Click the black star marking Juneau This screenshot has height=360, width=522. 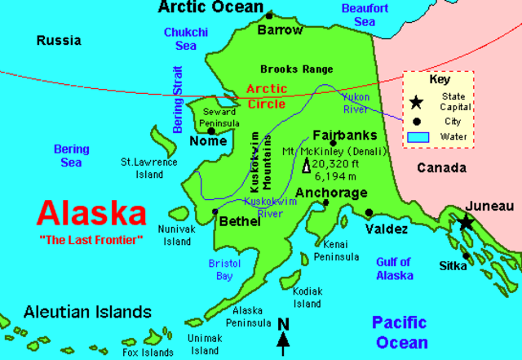pyautogui.click(x=465, y=222)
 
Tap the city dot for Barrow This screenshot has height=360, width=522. pyautogui.click(x=269, y=16)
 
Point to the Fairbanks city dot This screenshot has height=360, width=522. pyautogui.click(x=333, y=144)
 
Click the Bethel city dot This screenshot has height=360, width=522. pyautogui.click(x=215, y=211)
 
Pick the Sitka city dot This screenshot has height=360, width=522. pyautogui.click(x=466, y=256)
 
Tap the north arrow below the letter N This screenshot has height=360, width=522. pyautogui.click(x=284, y=342)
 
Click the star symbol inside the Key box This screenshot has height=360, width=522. pyautogui.click(x=417, y=102)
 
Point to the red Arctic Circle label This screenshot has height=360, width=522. pyautogui.click(x=266, y=97)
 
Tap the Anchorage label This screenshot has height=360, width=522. pyautogui.click(x=331, y=193)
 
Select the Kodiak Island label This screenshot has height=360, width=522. pyautogui.click(x=307, y=296)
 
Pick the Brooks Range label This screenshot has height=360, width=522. pyautogui.click(x=291, y=69)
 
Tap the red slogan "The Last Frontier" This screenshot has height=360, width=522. pyautogui.click(x=91, y=239)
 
